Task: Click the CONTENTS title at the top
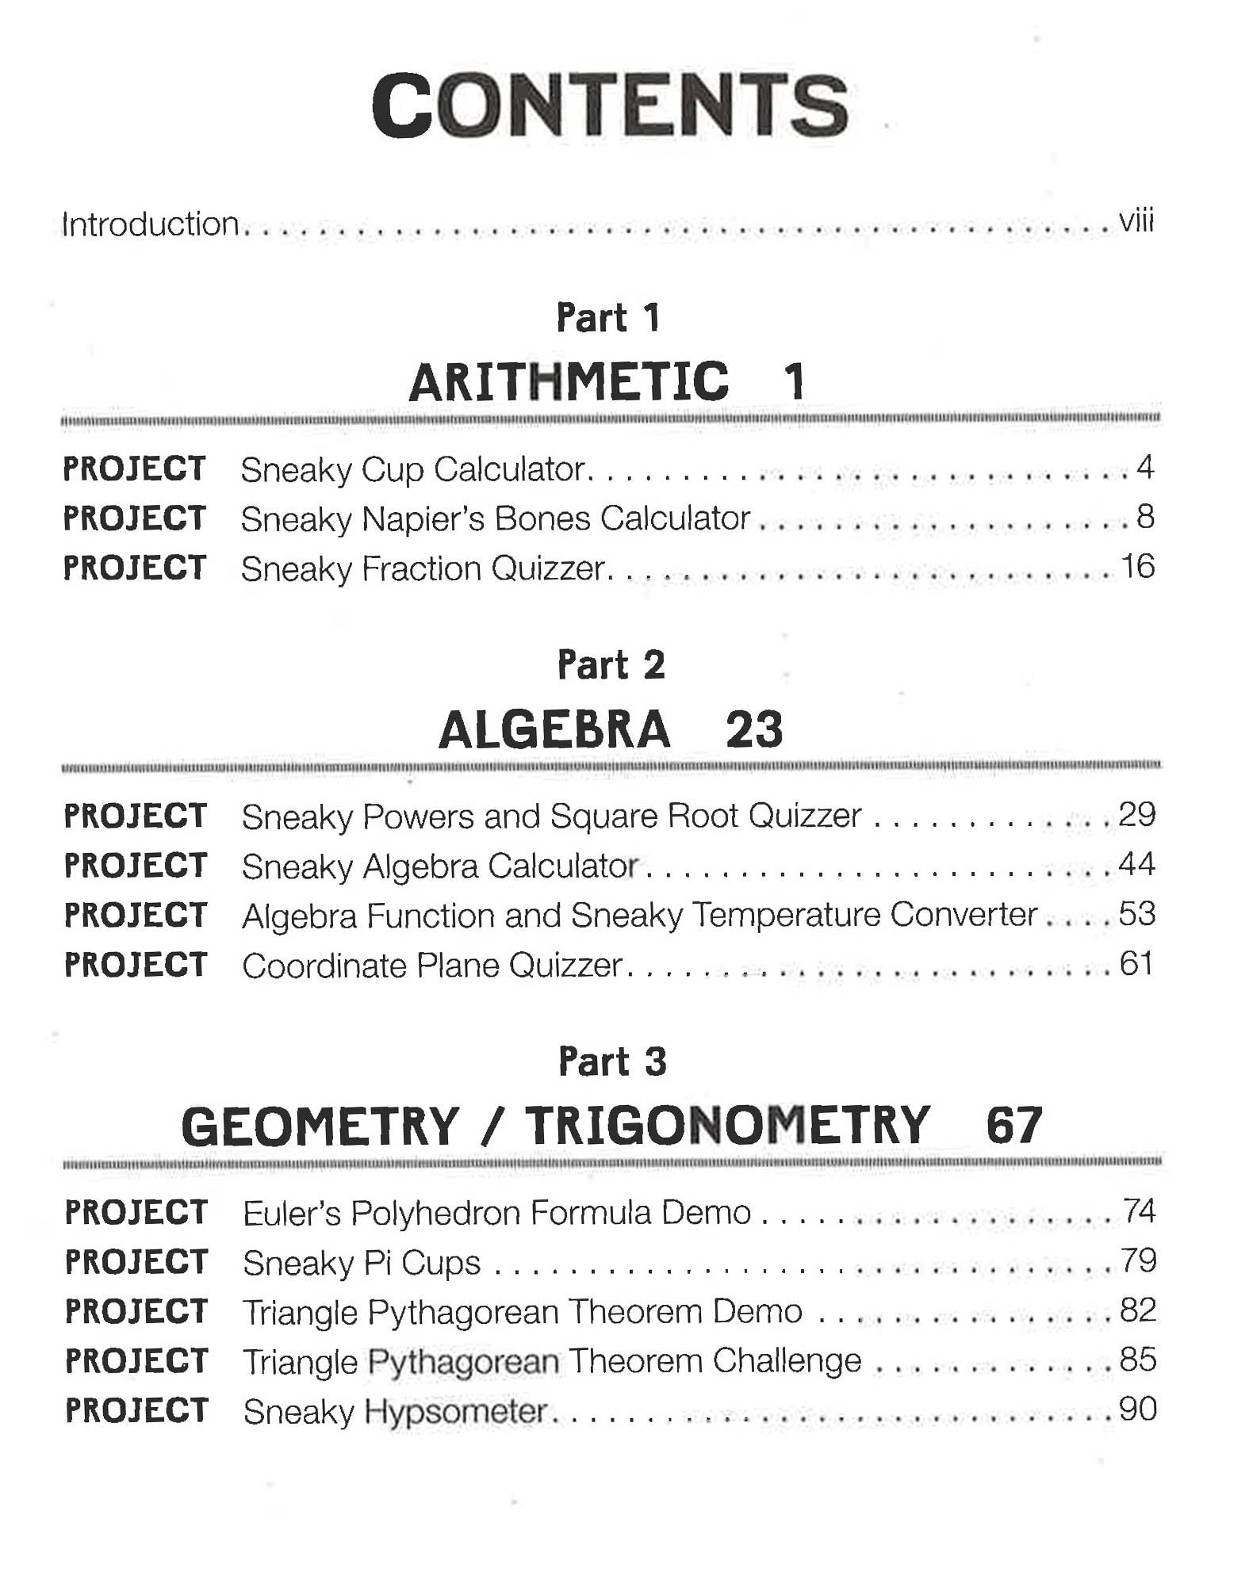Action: point(610,105)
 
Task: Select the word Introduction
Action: point(151,224)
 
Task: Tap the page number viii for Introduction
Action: point(1136,221)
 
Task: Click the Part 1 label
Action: point(608,318)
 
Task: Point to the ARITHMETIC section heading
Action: point(569,381)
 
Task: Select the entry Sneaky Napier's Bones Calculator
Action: point(496,519)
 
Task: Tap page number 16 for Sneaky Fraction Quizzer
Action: point(1137,567)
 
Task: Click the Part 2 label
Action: point(611,664)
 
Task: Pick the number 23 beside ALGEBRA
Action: point(754,729)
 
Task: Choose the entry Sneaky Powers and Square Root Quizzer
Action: point(551,817)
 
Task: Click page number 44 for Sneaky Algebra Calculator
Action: point(1136,863)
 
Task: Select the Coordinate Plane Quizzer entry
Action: point(432,966)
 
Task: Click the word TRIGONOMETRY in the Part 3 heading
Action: point(726,1125)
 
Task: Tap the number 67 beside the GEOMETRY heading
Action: point(1013,1125)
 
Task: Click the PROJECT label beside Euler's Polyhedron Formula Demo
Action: point(136,1213)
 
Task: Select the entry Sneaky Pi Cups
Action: point(362,1263)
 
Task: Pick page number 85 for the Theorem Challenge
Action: point(1138,1360)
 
